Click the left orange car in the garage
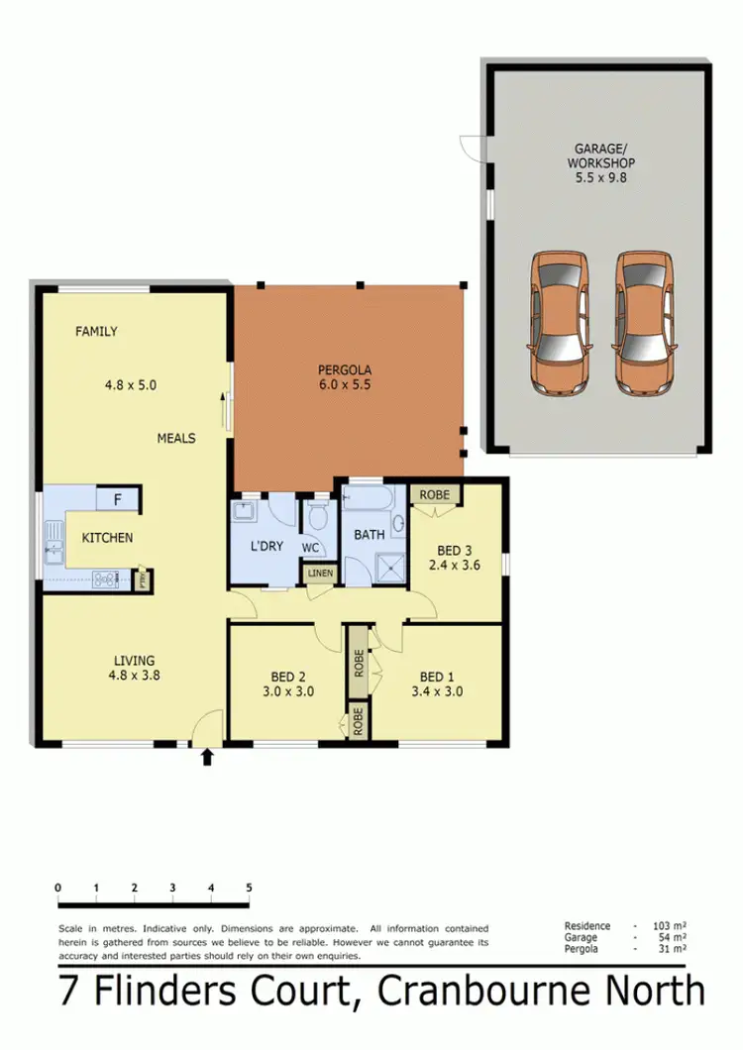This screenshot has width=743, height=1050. coord(559,322)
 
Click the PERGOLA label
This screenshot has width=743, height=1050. coord(346,370)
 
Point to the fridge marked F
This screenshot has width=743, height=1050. coord(117,500)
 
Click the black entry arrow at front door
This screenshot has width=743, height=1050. coord(207,758)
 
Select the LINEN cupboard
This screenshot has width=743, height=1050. coord(320,574)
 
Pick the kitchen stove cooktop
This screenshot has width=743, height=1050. coord(106,579)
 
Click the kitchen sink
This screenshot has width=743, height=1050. coord(52,545)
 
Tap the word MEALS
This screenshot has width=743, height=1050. coord(175,438)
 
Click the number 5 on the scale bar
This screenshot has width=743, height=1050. coord(249,888)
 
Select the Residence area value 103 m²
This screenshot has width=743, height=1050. coord(671,926)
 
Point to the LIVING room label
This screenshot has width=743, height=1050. coord(134,661)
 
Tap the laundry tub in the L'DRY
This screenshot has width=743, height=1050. coord(245,514)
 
